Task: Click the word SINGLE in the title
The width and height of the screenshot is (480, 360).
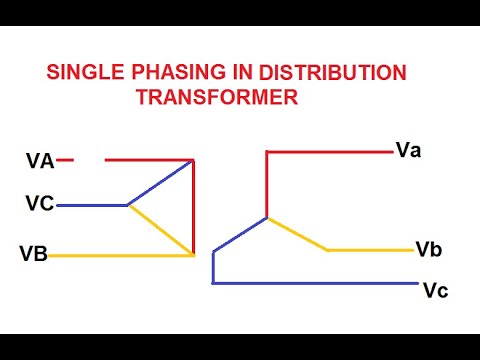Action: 83,75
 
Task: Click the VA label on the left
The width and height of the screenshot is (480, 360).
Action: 41,160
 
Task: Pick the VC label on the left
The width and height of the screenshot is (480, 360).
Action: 40,205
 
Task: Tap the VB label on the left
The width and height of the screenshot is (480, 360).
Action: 34,254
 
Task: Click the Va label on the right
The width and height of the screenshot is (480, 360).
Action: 408,151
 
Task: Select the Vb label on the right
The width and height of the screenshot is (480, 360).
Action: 428,248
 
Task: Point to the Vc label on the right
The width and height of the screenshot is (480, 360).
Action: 435,291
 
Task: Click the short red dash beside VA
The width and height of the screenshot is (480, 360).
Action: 66,159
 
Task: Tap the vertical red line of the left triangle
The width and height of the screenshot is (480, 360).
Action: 193,206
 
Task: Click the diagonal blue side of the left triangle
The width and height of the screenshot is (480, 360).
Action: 160,182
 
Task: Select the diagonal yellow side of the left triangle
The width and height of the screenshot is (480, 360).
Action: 160,230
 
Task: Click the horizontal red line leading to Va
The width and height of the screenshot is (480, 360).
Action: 330,152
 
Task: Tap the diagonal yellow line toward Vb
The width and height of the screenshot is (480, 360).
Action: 297,234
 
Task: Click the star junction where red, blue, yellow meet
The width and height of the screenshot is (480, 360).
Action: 267,218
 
